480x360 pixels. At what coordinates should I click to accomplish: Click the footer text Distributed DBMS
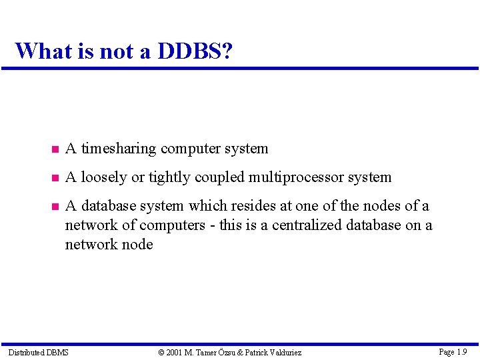(x=38, y=352)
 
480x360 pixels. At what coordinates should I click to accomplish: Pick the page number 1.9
(x=462, y=351)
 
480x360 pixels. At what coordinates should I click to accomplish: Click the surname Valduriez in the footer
(x=282, y=352)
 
